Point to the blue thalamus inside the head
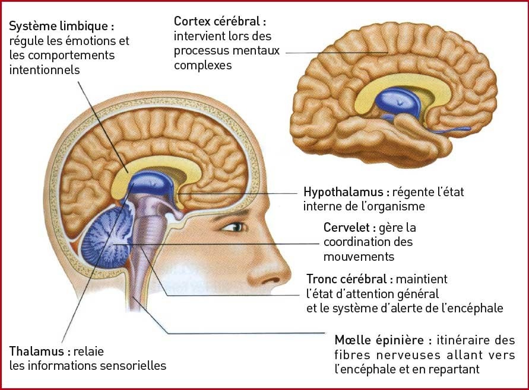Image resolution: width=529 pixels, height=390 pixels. [x=151, y=184]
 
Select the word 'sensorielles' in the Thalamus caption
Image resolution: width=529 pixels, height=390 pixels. [x=135, y=365]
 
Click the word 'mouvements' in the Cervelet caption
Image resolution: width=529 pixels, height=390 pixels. [x=359, y=257]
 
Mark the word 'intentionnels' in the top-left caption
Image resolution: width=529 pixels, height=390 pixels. [x=45, y=70]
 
